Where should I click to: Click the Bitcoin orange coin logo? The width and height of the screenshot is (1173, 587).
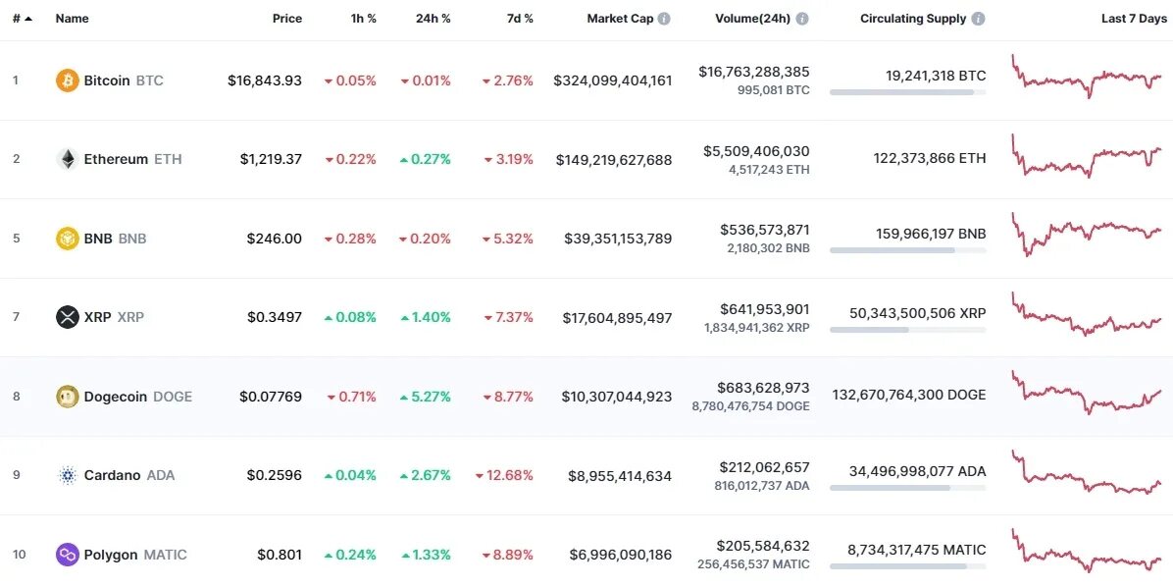click(67, 80)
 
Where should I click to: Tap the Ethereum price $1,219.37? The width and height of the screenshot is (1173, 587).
click(271, 159)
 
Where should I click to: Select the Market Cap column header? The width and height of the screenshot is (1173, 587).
click(620, 19)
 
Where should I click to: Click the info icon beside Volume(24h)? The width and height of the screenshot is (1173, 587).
click(802, 19)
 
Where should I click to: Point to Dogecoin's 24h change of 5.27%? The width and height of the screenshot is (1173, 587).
click(426, 397)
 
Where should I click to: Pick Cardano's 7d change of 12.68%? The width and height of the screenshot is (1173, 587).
click(504, 475)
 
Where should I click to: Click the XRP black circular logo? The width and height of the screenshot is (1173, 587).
click(67, 317)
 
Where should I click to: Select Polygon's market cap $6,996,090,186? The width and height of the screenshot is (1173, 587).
click(621, 555)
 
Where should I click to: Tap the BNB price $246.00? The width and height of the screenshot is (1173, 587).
click(275, 239)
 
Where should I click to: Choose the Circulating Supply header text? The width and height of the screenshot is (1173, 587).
click(913, 19)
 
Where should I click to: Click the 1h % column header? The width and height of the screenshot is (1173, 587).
click(364, 19)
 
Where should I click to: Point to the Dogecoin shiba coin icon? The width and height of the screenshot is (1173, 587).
click(67, 397)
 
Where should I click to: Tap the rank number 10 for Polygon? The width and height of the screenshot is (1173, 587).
click(20, 555)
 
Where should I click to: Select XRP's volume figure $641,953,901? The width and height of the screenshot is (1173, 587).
click(764, 308)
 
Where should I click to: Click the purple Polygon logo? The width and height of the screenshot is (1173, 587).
click(67, 555)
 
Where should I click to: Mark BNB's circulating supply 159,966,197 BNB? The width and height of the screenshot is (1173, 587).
click(931, 234)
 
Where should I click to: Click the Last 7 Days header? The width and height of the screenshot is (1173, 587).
click(1134, 19)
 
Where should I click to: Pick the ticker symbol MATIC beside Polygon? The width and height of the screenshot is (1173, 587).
click(165, 555)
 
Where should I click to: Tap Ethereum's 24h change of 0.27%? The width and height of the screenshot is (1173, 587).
click(426, 159)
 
